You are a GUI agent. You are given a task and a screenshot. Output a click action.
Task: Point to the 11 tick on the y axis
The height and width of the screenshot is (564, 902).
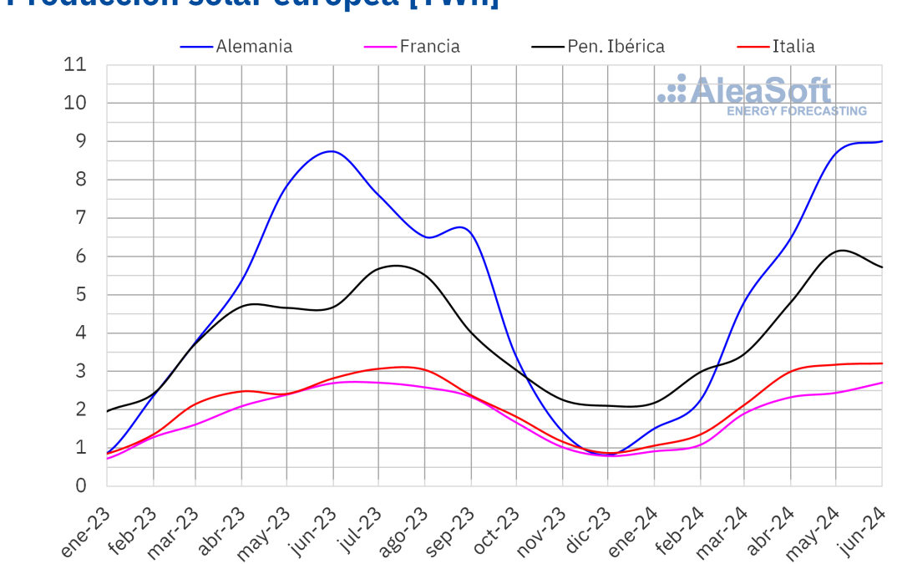pos(75,65)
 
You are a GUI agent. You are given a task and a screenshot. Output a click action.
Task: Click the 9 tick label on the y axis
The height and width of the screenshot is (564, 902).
pos(81,141)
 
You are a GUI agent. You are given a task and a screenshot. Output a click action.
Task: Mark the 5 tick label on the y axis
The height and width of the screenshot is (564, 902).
pos(81,295)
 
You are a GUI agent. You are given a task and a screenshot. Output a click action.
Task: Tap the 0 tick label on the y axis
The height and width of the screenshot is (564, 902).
pos(81,485)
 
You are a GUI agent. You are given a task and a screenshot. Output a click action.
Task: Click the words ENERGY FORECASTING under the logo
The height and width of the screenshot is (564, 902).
pos(796,110)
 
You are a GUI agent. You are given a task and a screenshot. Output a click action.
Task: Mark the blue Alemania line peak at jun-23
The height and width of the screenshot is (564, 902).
pos(332,151)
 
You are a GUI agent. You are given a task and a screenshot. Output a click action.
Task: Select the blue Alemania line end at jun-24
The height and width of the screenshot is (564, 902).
pos(882,141)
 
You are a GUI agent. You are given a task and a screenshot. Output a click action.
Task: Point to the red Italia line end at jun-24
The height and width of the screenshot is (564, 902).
pos(882,363)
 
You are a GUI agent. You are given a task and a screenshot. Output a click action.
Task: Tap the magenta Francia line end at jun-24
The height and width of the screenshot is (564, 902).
pos(882,383)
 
